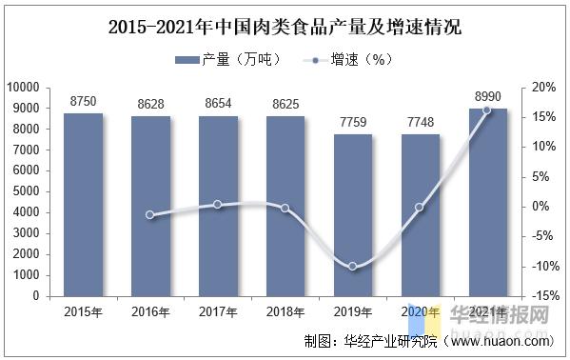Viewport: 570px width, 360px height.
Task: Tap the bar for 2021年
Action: coord(487,202)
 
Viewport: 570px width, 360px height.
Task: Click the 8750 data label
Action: coord(83,100)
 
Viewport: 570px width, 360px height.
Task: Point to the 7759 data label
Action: coord(352,121)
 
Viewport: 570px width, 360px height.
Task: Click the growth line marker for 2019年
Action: coord(352,267)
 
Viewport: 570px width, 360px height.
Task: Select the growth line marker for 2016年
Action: coord(149,215)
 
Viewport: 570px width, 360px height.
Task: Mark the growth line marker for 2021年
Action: coord(487,110)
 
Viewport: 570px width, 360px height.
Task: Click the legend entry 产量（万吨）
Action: coord(228,60)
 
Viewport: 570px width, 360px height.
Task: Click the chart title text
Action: coord(285,27)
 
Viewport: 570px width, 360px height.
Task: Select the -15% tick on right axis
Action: coord(542,296)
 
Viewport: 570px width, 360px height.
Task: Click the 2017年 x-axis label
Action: coord(217,311)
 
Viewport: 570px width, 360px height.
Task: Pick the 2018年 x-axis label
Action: coord(285,311)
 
